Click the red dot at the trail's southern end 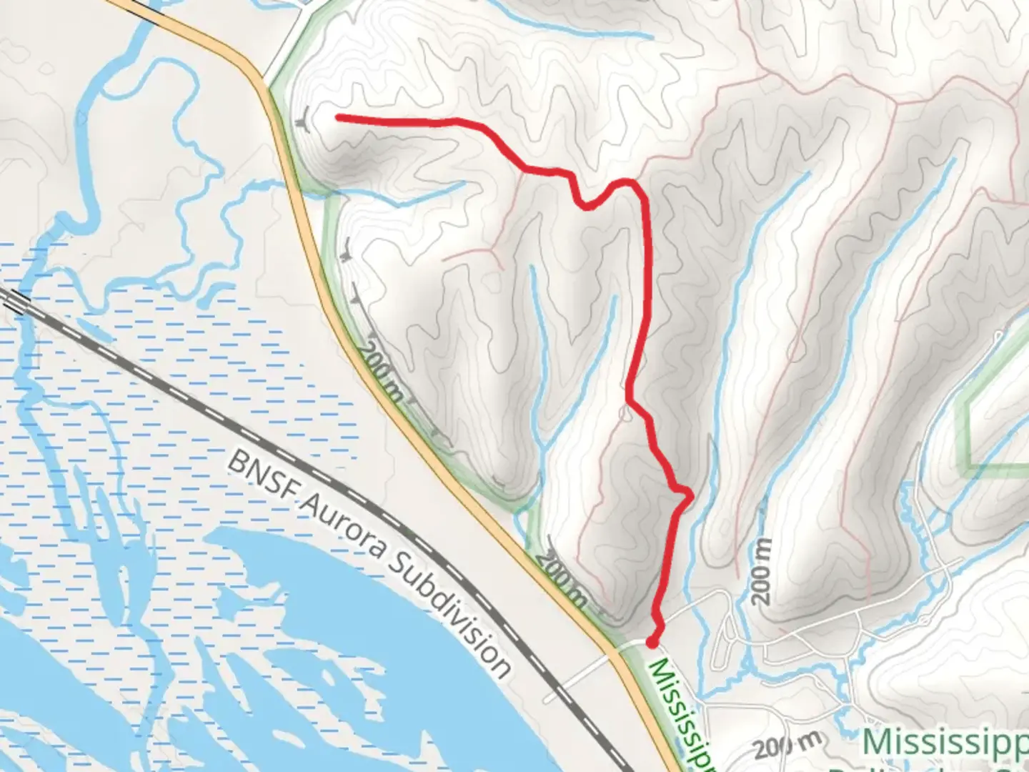[x=652, y=642]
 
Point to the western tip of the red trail [x=337, y=117]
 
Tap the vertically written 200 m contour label [x=762, y=570]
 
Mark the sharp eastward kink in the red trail [x=690, y=493]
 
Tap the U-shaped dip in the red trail [x=587, y=207]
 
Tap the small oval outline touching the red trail [x=627, y=412]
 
